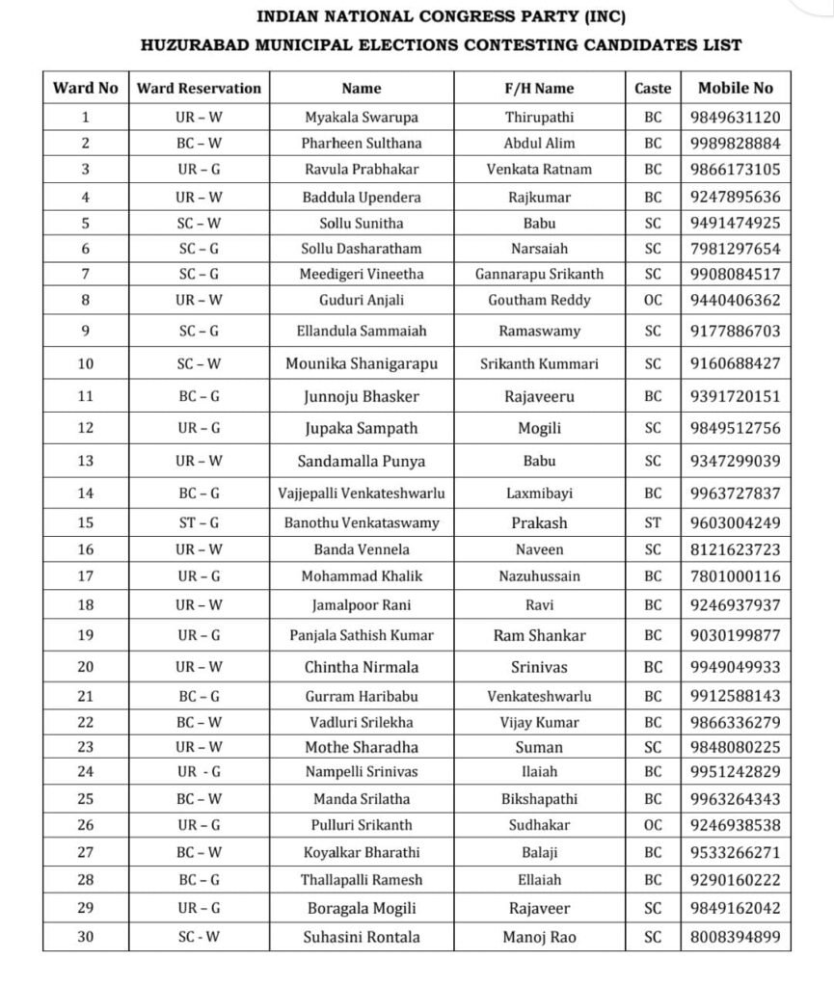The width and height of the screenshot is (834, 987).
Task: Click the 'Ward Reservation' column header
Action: (x=199, y=88)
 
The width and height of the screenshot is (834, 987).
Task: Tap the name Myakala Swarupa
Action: (x=362, y=118)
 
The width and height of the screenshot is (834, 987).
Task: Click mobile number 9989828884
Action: (x=735, y=143)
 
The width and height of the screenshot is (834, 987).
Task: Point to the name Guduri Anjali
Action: (x=362, y=300)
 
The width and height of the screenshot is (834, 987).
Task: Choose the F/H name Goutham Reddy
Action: (x=539, y=300)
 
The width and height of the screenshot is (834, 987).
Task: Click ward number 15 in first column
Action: (x=85, y=523)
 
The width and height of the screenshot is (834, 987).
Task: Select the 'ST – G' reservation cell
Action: (x=199, y=523)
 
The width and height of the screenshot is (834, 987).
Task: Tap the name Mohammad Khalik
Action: (x=362, y=576)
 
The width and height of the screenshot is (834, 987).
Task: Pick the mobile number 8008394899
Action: (x=735, y=936)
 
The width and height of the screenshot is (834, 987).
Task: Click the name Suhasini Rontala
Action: (x=362, y=936)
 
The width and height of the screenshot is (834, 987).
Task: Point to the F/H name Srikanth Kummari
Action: (x=539, y=364)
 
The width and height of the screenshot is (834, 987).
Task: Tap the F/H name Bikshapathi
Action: (x=539, y=799)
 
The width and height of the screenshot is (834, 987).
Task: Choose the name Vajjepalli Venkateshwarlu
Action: (x=362, y=493)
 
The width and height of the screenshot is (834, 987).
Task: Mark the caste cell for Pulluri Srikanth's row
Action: (x=653, y=825)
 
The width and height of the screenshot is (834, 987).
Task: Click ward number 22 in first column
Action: (x=85, y=722)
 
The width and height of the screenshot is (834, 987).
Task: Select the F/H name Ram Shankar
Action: (x=539, y=636)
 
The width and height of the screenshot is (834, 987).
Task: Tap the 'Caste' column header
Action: (x=653, y=88)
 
